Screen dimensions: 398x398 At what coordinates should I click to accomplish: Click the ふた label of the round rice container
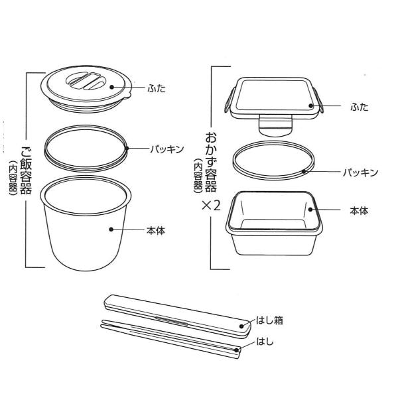[x=157, y=88]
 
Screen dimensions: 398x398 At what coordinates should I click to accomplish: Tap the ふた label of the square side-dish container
[x=360, y=107]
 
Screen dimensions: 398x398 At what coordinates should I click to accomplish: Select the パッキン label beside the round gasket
[x=166, y=149]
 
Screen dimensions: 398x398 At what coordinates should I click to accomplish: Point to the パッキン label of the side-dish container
[x=360, y=172]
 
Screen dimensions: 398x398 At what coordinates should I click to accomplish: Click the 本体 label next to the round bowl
[x=156, y=230]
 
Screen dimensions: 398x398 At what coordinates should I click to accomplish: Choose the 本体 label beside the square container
[x=359, y=211]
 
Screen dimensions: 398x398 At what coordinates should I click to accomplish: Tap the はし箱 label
[x=269, y=320]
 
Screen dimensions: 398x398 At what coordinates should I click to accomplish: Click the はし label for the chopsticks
[x=265, y=342]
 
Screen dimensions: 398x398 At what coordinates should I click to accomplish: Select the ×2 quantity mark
[x=211, y=206]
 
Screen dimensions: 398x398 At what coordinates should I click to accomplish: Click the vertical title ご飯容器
[x=26, y=170]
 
